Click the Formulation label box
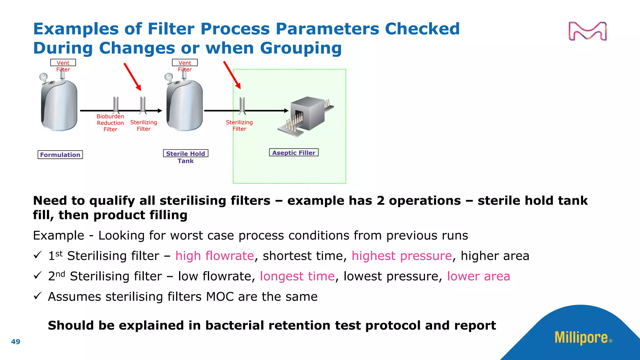coord(60,155)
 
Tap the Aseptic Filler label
coord(293,152)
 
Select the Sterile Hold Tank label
coord(186,157)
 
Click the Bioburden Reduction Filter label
coord(110,123)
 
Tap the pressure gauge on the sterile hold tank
coord(169,77)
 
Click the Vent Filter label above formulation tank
coord(63,66)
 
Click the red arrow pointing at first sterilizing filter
coord(132,77)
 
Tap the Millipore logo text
coord(581,337)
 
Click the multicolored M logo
coord(587,31)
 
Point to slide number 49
coord(16,342)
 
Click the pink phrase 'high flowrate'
coord(214,256)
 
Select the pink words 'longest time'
coord(297,276)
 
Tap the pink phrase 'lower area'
coord(478,276)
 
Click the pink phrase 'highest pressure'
coord(402,256)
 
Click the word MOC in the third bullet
coord(220,297)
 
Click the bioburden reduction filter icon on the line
coord(116,105)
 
